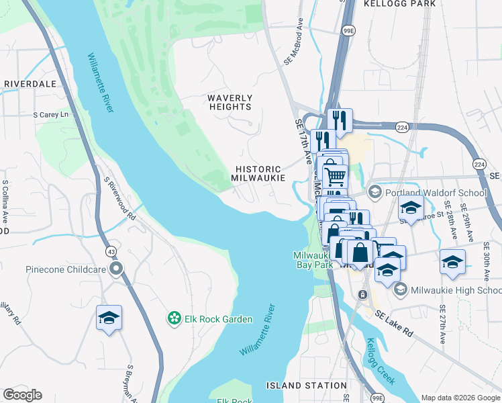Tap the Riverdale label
point(30,84)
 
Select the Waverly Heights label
point(230,102)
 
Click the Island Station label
point(306,386)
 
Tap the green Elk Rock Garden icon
point(174,318)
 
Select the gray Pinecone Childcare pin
point(117,269)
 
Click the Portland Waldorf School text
point(436,193)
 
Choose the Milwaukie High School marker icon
point(401,289)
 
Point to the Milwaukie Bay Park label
point(313,260)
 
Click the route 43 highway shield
point(109,251)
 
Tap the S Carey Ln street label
point(51,115)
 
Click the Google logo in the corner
point(22,395)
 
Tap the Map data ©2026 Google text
point(460,398)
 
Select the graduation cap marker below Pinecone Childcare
point(109,318)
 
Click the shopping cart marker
point(335,177)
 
